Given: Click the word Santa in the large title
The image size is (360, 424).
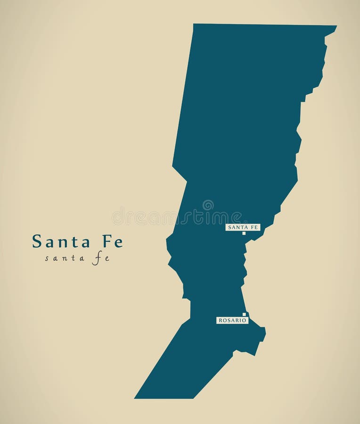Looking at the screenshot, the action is [x=61, y=242].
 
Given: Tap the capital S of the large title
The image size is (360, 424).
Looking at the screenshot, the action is [x=36, y=242].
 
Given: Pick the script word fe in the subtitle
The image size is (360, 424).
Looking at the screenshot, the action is [x=101, y=258].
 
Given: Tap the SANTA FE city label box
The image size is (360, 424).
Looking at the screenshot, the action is [x=243, y=227].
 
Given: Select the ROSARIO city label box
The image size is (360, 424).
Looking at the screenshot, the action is [x=232, y=320].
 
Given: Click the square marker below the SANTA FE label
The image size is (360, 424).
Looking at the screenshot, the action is [x=244, y=233].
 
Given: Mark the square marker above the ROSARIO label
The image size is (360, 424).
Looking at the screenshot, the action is [x=244, y=314].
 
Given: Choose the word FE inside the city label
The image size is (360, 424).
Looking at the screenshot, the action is [x=254, y=227].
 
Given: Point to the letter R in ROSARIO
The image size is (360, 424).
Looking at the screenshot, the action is [x=220, y=320].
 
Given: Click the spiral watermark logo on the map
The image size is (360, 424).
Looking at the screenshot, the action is [x=208, y=205].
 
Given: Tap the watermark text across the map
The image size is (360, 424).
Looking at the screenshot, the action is [x=179, y=217].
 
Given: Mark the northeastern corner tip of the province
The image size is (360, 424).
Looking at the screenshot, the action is [x=336, y=26].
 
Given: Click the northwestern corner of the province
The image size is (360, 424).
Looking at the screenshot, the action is [x=194, y=24].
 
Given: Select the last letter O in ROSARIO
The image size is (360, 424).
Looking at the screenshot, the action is [x=245, y=320].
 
